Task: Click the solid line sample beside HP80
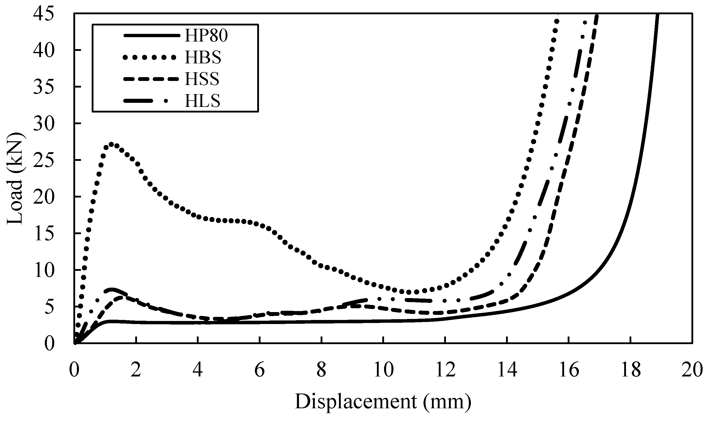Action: (152, 36)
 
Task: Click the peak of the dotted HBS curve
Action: (111, 144)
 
